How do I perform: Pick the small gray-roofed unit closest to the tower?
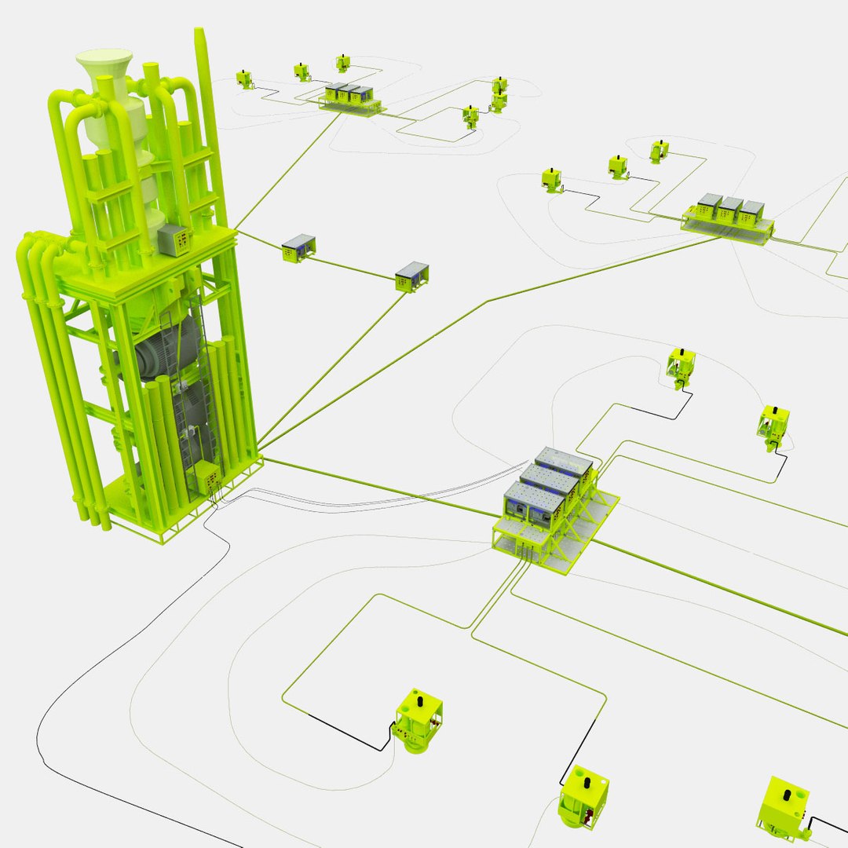298,247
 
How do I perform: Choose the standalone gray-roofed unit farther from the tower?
411,276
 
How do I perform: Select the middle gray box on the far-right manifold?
730,209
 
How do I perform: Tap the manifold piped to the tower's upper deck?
352,98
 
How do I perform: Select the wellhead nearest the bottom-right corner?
784,809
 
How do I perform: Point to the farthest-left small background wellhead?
246,79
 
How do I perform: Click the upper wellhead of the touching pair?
499,86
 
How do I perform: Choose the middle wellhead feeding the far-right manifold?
618,166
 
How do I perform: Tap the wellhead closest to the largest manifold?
680,367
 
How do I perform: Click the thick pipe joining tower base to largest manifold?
377,485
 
